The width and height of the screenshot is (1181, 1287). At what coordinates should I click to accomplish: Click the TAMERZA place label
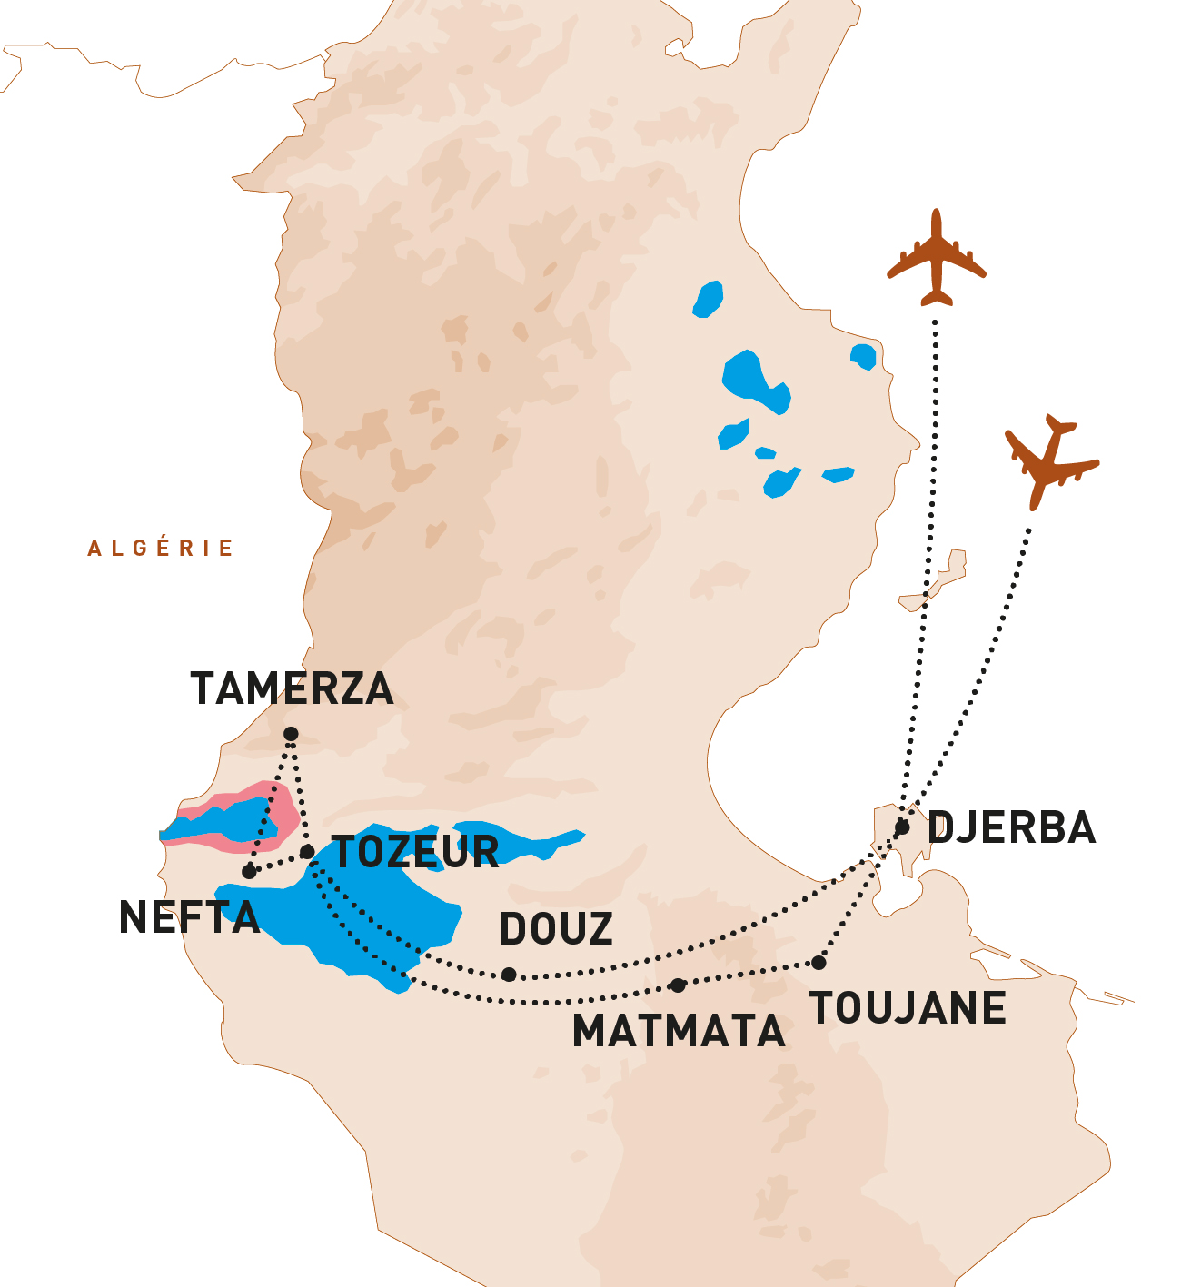pos(292,688)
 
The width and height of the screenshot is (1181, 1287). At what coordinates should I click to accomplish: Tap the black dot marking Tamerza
pos(291,734)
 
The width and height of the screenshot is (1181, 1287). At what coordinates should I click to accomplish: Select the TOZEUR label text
pos(416,852)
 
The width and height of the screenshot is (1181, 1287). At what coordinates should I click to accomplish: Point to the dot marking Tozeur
pos(307,852)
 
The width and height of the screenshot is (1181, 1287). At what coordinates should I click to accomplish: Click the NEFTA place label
pos(189,917)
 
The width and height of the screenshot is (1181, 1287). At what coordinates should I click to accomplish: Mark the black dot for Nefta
pos(249,872)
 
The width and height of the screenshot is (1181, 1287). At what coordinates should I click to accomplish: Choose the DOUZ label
pos(556,929)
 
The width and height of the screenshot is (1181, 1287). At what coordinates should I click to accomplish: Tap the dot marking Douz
pos(509,975)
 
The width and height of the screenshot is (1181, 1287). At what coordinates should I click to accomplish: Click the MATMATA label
pos(678,1031)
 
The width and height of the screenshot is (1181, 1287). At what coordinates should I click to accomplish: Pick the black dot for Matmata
pos(678,985)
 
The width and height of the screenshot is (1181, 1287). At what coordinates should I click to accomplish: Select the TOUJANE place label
pos(908,1008)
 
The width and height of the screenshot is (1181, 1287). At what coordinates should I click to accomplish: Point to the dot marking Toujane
pos(819,963)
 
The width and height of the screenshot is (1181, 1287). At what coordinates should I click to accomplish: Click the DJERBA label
pos(1012,828)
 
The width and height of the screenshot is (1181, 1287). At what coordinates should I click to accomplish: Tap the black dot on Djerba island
pos(902,827)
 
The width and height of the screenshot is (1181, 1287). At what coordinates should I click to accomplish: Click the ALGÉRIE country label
pos(161,548)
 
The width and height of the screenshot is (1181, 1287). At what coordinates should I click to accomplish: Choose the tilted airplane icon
pos(1050,461)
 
